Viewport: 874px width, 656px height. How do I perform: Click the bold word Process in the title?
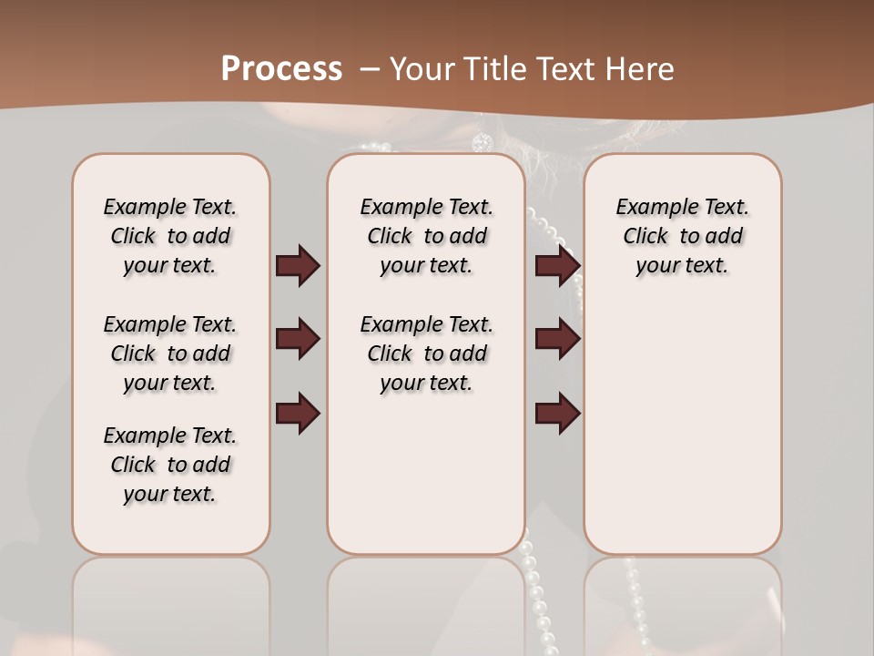click(281, 69)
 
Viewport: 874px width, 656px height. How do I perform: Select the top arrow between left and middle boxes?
click(298, 266)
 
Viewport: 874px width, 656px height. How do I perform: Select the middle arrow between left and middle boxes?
click(298, 339)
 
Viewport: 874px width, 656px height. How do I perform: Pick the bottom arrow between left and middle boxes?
click(298, 413)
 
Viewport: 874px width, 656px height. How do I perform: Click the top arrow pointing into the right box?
click(557, 266)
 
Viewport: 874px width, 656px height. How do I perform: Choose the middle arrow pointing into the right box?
click(557, 339)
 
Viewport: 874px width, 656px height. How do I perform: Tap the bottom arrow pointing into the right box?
click(557, 413)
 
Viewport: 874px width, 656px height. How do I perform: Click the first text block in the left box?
click(170, 236)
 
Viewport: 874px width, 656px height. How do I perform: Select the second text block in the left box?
click(170, 354)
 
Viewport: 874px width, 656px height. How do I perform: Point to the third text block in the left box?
click(170, 465)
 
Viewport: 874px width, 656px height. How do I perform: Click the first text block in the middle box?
click(426, 236)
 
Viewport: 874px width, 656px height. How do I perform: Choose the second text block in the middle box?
click(426, 354)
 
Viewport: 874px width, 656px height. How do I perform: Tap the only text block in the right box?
click(682, 236)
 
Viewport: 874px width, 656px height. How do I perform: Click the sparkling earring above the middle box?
click(482, 142)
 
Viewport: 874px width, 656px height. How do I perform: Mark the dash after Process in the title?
click(371, 69)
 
